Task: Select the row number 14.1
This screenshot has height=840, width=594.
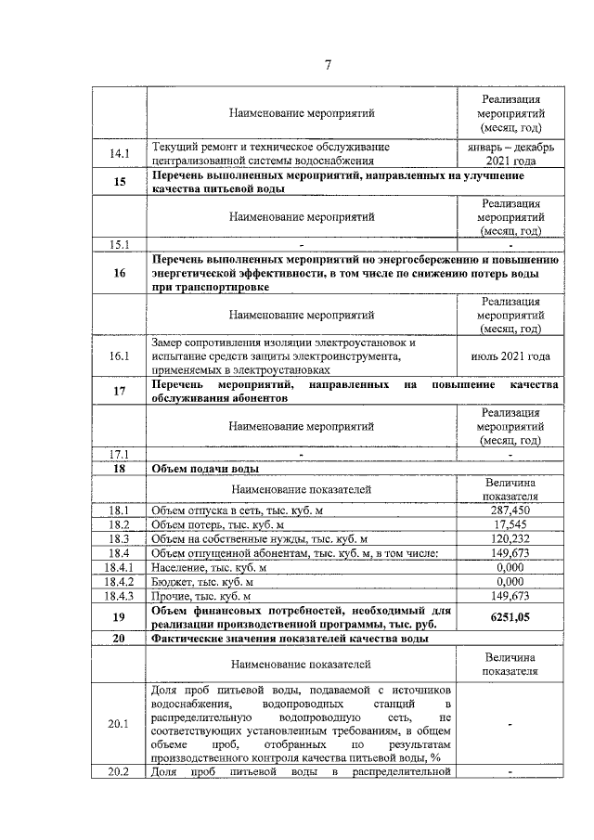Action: point(120,153)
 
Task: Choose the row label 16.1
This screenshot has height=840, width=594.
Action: point(120,356)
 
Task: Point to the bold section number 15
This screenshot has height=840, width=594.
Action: point(120,182)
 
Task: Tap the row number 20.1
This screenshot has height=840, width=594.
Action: point(120,725)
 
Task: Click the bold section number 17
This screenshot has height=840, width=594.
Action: point(120,391)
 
